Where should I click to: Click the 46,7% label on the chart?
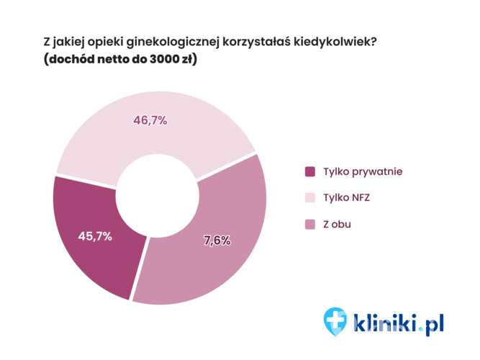tap(150, 120)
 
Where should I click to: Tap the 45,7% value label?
tap(94, 236)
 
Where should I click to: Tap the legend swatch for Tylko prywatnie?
tap(310, 172)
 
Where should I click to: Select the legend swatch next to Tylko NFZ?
tap(310, 198)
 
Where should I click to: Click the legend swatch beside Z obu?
tap(310, 225)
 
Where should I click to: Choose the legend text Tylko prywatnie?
tap(363, 172)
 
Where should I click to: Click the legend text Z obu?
tap(338, 225)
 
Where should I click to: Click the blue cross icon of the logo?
tap(335, 320)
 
